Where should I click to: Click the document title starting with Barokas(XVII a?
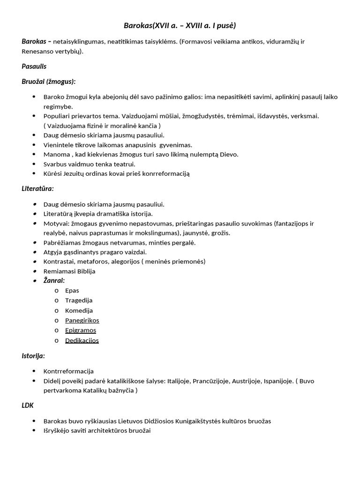(180, 25)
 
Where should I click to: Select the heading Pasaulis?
(34, 66)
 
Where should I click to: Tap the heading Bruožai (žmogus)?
(48, 81)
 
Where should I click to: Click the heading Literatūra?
(37, 188)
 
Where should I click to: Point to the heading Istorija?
(33, 356)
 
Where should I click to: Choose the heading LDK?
(27, 405)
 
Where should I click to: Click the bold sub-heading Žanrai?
(54, 280)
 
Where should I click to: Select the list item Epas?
(72, 291)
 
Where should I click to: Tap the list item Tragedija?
(79, 300)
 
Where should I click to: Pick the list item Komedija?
(79, 310)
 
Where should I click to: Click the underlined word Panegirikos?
(82, 321)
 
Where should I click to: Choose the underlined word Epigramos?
(81, 330)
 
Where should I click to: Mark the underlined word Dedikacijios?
(82, 340)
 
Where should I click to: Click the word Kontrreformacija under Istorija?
(68, 371)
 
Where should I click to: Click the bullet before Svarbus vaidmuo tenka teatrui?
(33, 164)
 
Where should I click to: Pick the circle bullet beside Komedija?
(56, 310)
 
